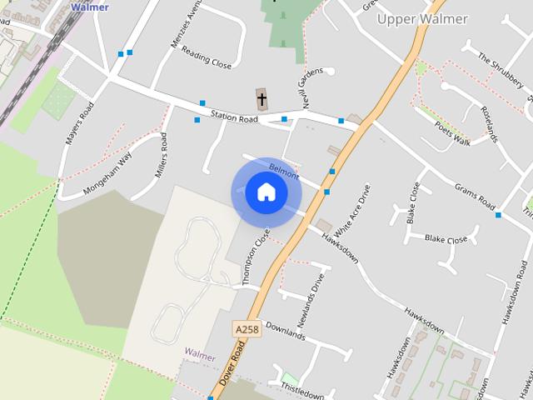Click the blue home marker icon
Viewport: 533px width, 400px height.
pyautogui.click(x=266, y=192)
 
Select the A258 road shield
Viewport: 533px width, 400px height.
pyautogui.click(x=247, y=330)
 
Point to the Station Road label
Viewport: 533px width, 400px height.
pyautogui.click(x=234, y=118)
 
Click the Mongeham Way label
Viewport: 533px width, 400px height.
pyautogui.click(x=108, y=173)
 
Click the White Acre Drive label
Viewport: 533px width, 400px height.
pyautogui.click(x=350, y=207)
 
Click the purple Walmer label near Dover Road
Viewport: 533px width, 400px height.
pyautogui.click(x=200, y=353)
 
